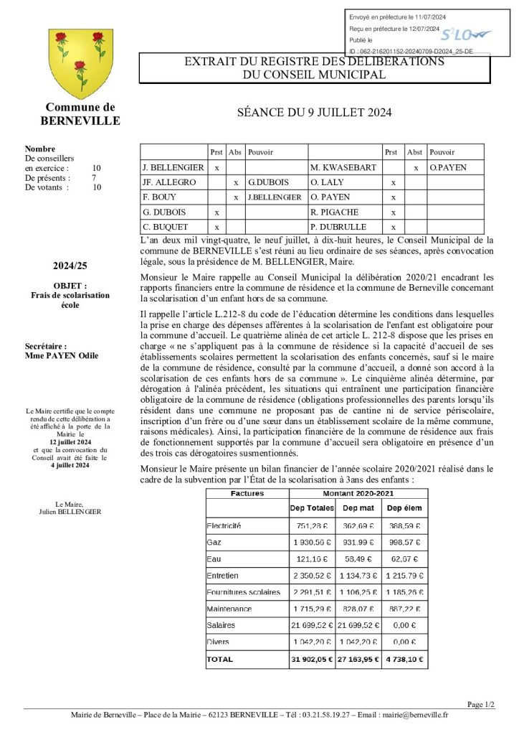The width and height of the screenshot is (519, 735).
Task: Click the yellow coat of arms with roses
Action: coord(80,64)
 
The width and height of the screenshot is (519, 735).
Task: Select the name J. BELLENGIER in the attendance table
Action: coord(173,167)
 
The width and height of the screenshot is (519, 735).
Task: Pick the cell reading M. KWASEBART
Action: coord(338,167)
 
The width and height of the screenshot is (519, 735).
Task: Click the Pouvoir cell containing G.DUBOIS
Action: coord(262,182)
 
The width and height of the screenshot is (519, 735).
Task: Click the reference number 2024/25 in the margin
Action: coord(70,266)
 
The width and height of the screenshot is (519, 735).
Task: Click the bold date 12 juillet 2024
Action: coord(70,443)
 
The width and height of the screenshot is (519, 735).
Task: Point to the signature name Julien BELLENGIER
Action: coord(70,512)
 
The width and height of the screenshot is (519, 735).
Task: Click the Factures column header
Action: coord(247,494)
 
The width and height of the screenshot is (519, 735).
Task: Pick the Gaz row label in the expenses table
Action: coord(213,542)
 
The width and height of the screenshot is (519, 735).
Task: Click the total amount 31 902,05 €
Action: coord(311,658)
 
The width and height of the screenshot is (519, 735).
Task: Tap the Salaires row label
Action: coord(221,625)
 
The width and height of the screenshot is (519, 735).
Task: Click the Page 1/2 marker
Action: coord(481,704)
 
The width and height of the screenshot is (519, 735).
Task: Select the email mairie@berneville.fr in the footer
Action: coord(416,714)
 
